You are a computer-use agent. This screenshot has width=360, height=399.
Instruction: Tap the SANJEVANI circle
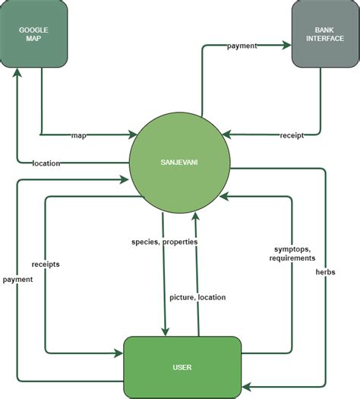pyautogui.click(x=179, y=163)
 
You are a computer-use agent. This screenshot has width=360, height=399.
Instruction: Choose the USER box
pyautogui.click(x=182, y=368)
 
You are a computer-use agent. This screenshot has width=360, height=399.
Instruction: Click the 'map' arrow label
pyautogui.click(x=79, y=136)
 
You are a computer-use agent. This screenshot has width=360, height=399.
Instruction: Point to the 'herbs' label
pyautogui.click(x=326, y=271)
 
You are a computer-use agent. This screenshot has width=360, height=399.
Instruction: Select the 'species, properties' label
pyautogui.click(x=165, y=242)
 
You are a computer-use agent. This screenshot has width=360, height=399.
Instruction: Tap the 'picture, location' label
pyautogui.click(x=197, y=297)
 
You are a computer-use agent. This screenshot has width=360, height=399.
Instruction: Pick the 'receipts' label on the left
pyautogui.click(x=46, y=264)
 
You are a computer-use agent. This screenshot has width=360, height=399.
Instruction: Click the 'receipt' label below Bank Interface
pyautogui.click(x=292, y=136)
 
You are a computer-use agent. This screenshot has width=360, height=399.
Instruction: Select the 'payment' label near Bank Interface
pyautogui.click(x=242, y=46)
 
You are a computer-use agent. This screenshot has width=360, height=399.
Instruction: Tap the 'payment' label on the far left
pyautogui.click(x=17, y=279)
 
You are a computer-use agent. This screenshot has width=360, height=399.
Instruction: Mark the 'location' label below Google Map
pyautogui.click(x=47, y=163)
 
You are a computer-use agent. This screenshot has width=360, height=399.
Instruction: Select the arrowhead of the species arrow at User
pyautogui.click(x=164, y=331)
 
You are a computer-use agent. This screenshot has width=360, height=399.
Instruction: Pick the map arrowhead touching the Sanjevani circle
pyautogui.click(x=134, y=136)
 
